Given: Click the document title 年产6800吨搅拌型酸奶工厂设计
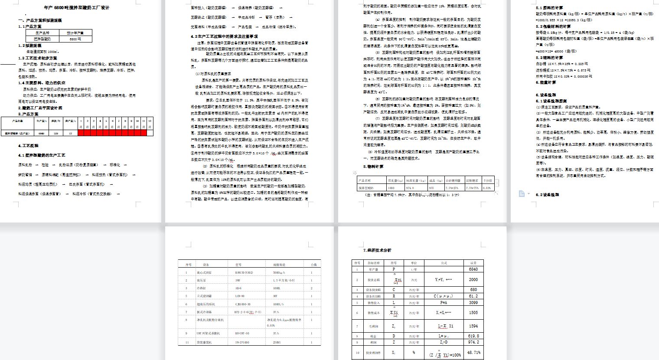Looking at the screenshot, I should click(77, 8).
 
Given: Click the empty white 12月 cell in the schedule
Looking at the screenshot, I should click(150, 133).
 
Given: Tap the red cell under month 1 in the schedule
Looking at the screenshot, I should click(81, 133).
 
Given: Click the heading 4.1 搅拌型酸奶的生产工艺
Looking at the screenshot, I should click(42, 155).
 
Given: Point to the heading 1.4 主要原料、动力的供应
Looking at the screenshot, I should click(42, 83).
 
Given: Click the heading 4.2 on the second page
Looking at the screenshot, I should click(224, 36).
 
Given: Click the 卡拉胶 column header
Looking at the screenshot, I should click(488, 180).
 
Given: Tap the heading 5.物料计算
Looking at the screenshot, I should click(373, 167).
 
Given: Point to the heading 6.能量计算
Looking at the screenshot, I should click(546, 82).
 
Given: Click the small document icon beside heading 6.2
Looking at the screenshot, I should click(522, 194).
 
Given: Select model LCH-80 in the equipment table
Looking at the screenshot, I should click(240, 296).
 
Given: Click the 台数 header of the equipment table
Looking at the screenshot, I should click(313, 265).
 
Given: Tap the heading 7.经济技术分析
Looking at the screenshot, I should click(377, 250).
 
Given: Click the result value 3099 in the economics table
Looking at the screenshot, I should click(473, 303).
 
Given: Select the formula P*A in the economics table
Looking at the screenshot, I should click(444, 303).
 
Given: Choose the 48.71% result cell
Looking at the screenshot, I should click(473, 353).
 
